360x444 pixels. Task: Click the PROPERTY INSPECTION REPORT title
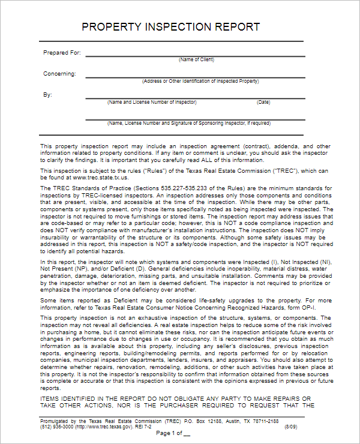[x=170, y=27]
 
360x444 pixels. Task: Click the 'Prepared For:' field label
[x=62, y=53]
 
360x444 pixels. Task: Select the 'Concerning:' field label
[x=59, y=74]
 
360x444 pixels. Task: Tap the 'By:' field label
[x=47, y=95]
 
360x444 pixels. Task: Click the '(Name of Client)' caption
[x=196, y=59]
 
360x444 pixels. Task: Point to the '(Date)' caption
[x=263, y=102]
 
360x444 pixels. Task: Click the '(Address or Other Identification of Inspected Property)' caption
[x=200, y=81]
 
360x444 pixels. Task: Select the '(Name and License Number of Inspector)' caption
[x=152, y=102]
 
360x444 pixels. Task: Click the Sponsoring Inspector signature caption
[x=188, y=123]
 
